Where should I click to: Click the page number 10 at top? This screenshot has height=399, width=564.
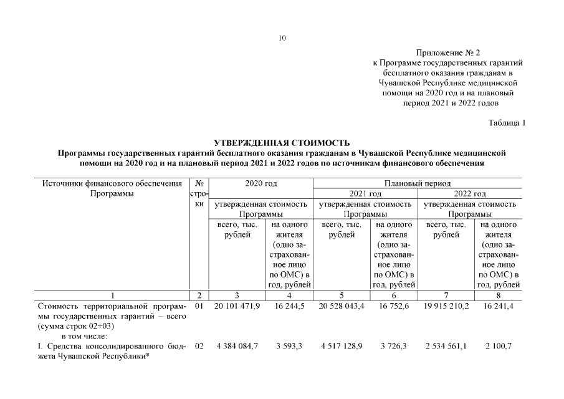point(282,39)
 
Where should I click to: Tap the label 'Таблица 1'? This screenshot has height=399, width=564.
point(507,123)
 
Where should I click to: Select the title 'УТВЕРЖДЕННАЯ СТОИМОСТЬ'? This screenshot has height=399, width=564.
point(282,143)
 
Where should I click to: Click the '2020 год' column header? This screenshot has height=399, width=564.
point(260,183)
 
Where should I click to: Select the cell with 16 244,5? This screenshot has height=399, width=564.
point(289,307)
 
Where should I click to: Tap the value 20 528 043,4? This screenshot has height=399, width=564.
point(342,307)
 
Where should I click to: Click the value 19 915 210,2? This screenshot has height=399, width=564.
point(447,307)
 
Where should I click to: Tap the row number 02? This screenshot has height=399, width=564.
point(199,347)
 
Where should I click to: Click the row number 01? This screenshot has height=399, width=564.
point(199,307)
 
